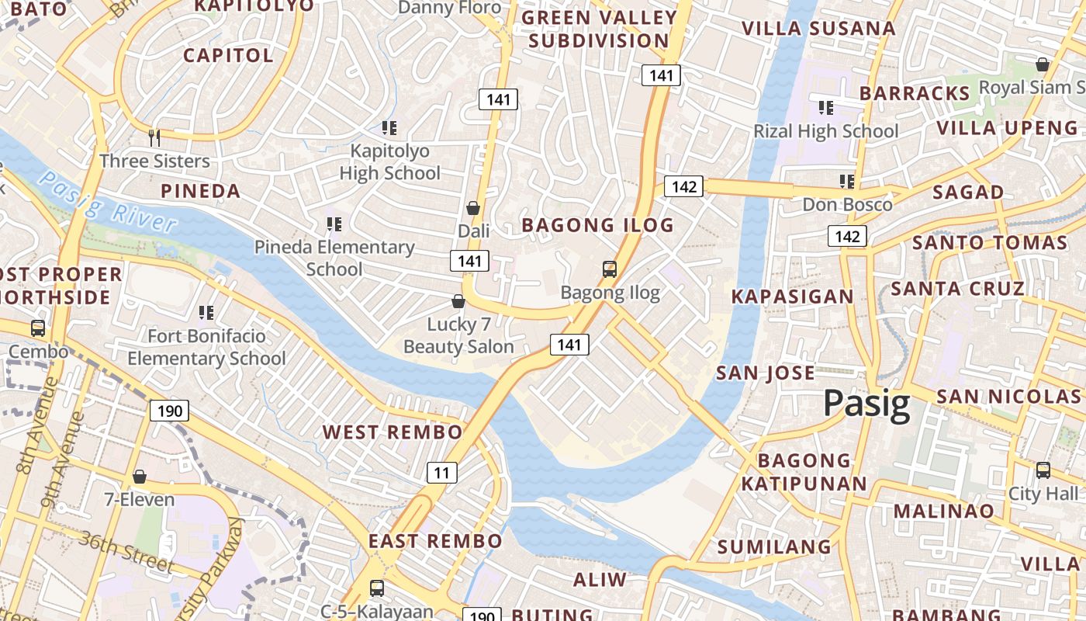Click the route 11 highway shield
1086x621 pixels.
click(441, 472)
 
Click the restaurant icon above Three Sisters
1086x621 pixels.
click(154, 137)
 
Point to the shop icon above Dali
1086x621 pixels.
click(473, 208)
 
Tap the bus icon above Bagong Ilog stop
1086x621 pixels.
click(610, 269)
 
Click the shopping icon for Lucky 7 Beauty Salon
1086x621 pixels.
click(458, 301)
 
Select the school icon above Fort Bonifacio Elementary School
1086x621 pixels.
click(206, 313)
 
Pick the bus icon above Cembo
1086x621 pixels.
click(37, 328)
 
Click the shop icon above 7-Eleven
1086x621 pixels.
click(140, 476)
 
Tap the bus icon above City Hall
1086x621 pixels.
click(1043, 470)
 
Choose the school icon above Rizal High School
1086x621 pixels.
click(826, 107)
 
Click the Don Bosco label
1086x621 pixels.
click(847, 205)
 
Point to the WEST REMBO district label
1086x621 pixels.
click(393, 432)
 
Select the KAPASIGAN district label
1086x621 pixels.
click(792, 297)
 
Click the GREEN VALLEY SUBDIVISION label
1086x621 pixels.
click(599, 29)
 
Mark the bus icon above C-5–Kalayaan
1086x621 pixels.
click(377, 588)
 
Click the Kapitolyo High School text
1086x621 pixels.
click(389, 161)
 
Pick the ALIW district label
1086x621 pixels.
click(600, 579)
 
